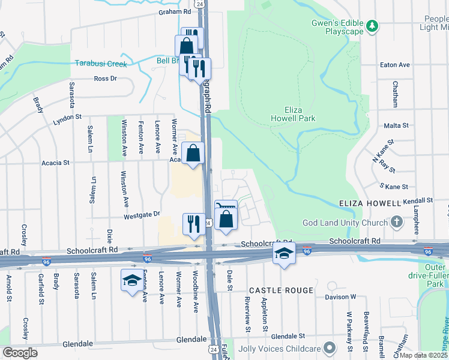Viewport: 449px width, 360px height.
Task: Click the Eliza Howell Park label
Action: [x=300, y=114]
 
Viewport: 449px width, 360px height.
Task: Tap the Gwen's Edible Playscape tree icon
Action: [x=372, y=26]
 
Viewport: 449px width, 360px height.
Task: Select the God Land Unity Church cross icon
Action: [x=396, y=222]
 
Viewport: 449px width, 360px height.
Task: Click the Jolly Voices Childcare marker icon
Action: [x=329, y=348]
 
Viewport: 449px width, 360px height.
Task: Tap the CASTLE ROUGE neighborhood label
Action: [x=281, y=290]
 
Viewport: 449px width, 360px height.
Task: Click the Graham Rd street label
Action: [x=175, y=11]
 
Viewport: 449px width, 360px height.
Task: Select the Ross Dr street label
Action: [x=105, y=79]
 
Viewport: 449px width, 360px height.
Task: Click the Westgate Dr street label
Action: [x=142, y=214]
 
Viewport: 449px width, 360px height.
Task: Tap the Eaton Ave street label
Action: [x=394, y=65]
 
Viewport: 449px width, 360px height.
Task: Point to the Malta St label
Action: [x=396, y=126]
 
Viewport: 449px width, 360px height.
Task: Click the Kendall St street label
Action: [x=418, y=200]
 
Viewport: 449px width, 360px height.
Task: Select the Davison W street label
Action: [x=341, y=296]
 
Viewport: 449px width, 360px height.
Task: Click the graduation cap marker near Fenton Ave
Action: [x=133, y=280]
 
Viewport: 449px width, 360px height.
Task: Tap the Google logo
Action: [x=20, y=353]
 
